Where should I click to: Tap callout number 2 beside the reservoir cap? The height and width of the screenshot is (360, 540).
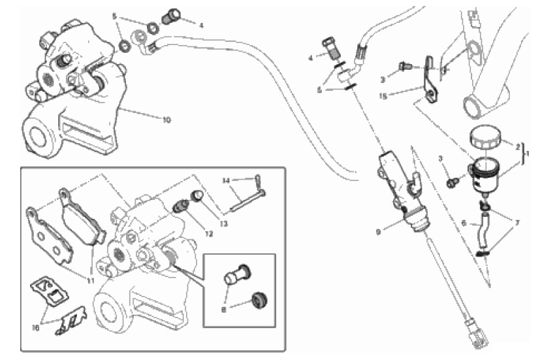518,147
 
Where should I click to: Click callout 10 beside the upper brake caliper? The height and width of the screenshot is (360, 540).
167,120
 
